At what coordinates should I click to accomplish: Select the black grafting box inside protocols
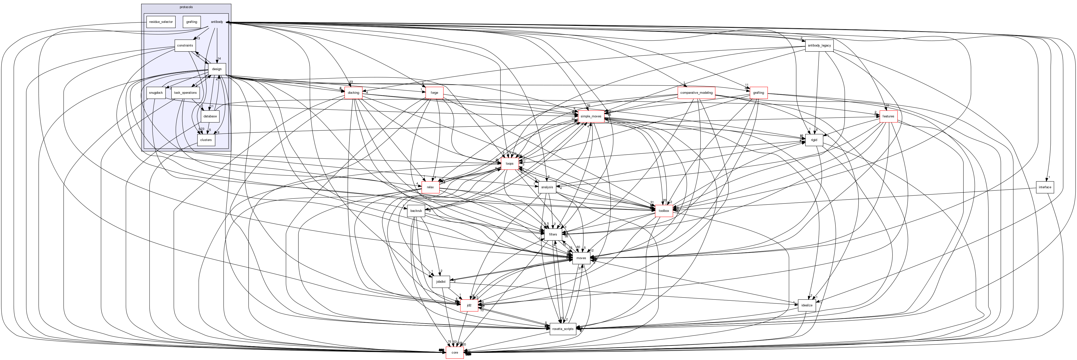click(x=192, y=22)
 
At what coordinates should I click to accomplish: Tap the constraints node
click(x=185, y=45)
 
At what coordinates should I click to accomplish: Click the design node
click(x=217, y=69)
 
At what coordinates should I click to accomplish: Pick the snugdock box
click(x=155, y=93)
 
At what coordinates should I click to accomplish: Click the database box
click(x=210, y=116)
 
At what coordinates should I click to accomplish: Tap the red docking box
click(x=353, y=93)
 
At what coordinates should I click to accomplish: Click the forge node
click(x=434, y=93)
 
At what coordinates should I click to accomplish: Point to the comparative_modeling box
click(x=696, y=93)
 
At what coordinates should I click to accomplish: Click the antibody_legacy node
click(x=819, y=45)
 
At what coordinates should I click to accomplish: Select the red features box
click(x=888, y=116)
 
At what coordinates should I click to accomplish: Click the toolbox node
click(x=664, y=211)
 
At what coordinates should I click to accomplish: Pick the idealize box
click(x=807, y=305)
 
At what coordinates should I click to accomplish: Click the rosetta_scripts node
click(x=563, y=329)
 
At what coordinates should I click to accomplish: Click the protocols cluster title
click(x=186, y=7)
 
